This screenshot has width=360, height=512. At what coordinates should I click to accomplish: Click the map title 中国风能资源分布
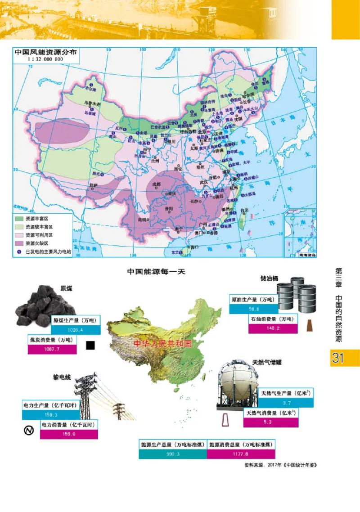coord(45,51)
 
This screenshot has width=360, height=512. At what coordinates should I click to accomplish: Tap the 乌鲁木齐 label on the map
coord(92,103)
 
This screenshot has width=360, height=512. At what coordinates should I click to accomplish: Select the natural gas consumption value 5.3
coord(270,422)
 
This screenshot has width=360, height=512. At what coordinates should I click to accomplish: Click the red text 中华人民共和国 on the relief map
coord(162,343)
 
